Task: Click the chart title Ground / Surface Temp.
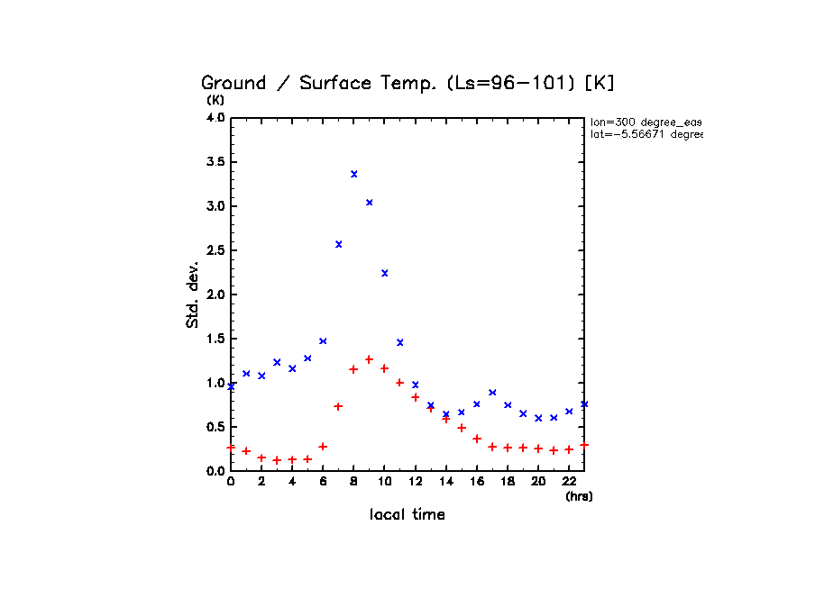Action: coord(407,83)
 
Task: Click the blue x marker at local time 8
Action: coord(354,174)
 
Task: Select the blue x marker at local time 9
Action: coord(370,203)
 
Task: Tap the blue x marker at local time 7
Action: coord(339,244)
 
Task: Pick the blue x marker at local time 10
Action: coord(385,273)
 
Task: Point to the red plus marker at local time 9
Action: coord(370,359)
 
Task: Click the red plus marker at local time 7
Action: coord(339,406)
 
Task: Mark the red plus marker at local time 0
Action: coord(231,447)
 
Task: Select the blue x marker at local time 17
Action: coord(492,393)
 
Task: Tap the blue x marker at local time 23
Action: coord(584,404)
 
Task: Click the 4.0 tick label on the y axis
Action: coord(215,118)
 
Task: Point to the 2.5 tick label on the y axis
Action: coord(215,250)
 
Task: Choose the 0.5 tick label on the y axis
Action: coord(215,427)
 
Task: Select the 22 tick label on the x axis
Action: coord(569,482)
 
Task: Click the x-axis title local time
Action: coord(407,515)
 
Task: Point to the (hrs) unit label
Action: coord(579,496)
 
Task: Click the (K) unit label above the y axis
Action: coord(215,100)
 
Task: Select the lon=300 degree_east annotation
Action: coord(646,122)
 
